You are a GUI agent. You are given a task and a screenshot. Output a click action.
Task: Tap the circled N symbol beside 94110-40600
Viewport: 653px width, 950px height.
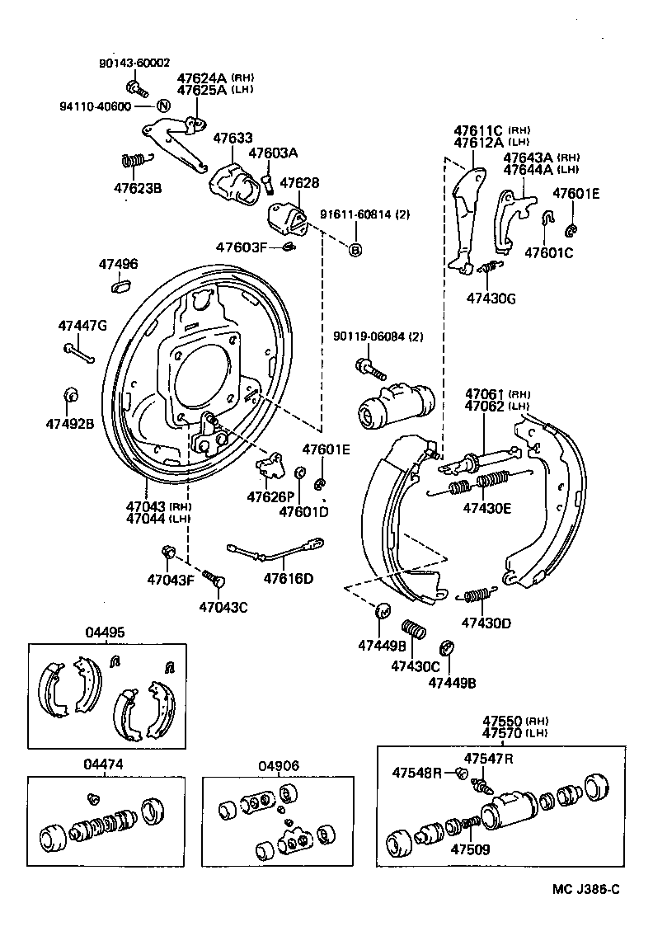162,106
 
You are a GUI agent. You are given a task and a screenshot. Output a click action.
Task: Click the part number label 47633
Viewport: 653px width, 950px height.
233,139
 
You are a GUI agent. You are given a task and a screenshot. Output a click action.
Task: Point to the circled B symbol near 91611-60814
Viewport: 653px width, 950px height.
355,250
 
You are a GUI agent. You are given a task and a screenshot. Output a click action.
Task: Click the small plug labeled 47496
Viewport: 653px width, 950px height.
120,285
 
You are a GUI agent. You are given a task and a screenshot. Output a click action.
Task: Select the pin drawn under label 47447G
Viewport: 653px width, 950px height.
79,353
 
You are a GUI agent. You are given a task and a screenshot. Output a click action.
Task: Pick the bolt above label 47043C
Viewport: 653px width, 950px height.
214,578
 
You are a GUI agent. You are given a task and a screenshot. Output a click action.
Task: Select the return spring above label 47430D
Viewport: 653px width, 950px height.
477,594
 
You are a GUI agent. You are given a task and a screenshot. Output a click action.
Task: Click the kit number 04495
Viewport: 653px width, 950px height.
105,633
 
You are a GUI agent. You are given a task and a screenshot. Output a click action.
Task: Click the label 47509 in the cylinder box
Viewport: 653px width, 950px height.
469,847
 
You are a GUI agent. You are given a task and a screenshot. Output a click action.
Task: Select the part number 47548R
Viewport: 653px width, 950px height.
417,773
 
